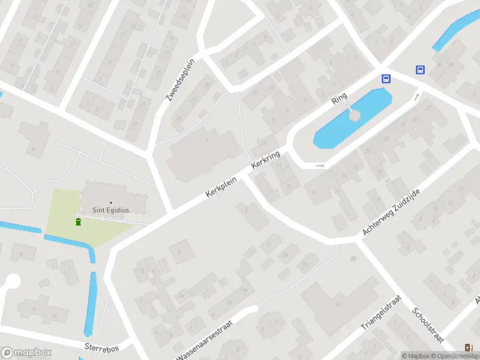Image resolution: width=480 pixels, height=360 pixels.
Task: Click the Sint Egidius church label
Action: click(111, 211)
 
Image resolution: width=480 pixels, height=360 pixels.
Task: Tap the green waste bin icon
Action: click(78, 223)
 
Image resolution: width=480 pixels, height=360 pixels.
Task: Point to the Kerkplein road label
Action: click(218, 187)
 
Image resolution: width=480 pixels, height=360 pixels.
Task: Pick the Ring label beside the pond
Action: click(340, 98)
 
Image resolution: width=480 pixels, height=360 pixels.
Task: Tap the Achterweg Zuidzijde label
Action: click(391, 211)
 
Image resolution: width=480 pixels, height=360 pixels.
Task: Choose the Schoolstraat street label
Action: click(428, 328)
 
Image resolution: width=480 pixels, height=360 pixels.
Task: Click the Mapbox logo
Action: click(26, 353)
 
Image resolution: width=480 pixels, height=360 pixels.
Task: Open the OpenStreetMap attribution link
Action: click(454, 356)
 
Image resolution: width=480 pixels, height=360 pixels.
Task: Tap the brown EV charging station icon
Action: click(468, 347)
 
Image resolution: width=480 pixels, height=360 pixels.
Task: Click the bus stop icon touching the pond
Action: click(386, 79)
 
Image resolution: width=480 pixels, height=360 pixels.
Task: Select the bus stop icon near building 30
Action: click(421, 70)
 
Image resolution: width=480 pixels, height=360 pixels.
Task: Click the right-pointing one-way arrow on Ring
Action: click(320, 166)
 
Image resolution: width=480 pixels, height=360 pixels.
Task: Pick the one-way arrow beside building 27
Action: click(416, 96)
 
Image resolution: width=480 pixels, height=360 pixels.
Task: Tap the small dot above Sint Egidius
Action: click(111, 202)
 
